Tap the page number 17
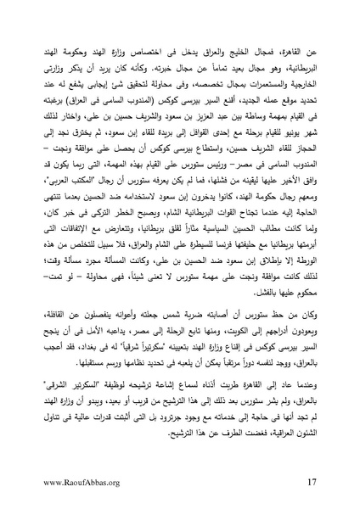pos(312,484)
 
